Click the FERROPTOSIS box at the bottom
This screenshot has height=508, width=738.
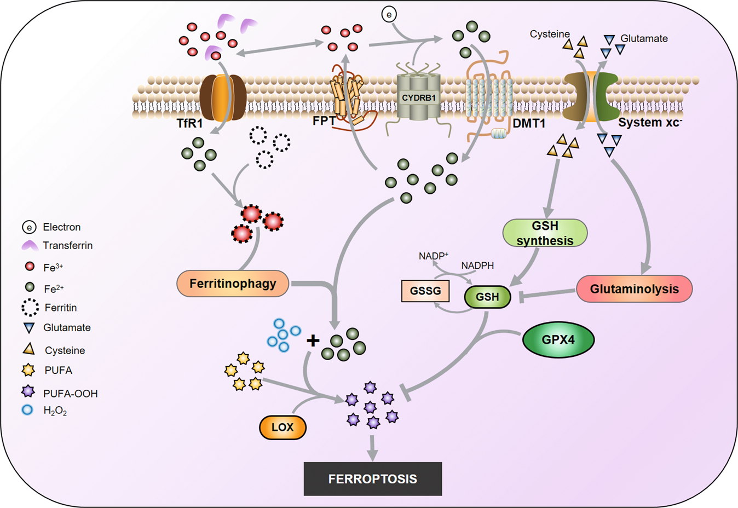pos(372,479)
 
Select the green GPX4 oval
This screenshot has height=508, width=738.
pos(558,340)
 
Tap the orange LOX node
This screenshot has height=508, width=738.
pos(282,428)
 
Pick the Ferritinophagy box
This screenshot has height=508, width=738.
pos(233,284)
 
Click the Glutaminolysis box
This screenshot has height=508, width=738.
pos(634,289)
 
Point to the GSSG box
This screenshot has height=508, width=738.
pos(425,291)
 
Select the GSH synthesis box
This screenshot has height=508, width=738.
pos(545,233)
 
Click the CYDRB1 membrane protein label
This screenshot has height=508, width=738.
pos(419,99)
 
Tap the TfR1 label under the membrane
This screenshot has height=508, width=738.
pos(189,123)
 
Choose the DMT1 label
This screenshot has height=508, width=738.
pos(529,123)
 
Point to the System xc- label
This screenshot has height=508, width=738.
pos(649,122)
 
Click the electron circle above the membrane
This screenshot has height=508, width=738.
pos(389,15)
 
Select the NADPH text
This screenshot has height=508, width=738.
pos(477,265)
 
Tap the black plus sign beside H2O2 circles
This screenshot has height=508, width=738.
pos(313,341)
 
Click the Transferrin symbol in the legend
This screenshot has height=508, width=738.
pos(30,246)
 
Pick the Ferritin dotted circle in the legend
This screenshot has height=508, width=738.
pos(30,308)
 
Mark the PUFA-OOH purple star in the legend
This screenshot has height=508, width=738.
pos(28,392)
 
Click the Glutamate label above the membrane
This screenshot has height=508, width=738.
pos(644,39)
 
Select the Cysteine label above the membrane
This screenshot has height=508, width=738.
pos(550,34)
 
